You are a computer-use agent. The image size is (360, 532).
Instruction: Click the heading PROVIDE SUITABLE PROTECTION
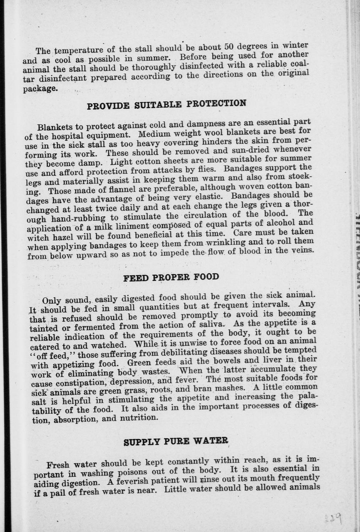[166, 104]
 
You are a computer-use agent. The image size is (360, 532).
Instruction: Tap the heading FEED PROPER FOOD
[171, 278]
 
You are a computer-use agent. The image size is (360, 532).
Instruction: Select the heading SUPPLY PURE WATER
[176, 441]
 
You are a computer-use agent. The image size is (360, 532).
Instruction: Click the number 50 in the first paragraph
[229, 47]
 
